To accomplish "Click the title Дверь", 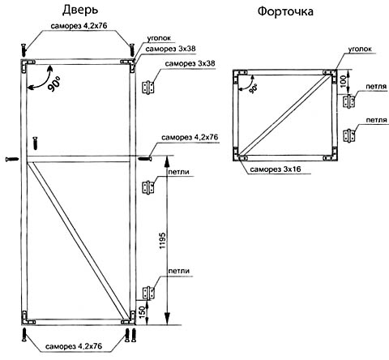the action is (80, 11).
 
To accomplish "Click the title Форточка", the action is (285, 11).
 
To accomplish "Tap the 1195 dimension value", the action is (162, 240).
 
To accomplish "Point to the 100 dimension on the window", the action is (343, 81).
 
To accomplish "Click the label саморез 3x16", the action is (276, 169).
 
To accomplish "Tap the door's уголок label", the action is (159, 38).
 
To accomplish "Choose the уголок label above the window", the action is (360, 49).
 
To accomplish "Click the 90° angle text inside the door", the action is (54, 84).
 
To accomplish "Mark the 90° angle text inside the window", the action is (254, 88).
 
